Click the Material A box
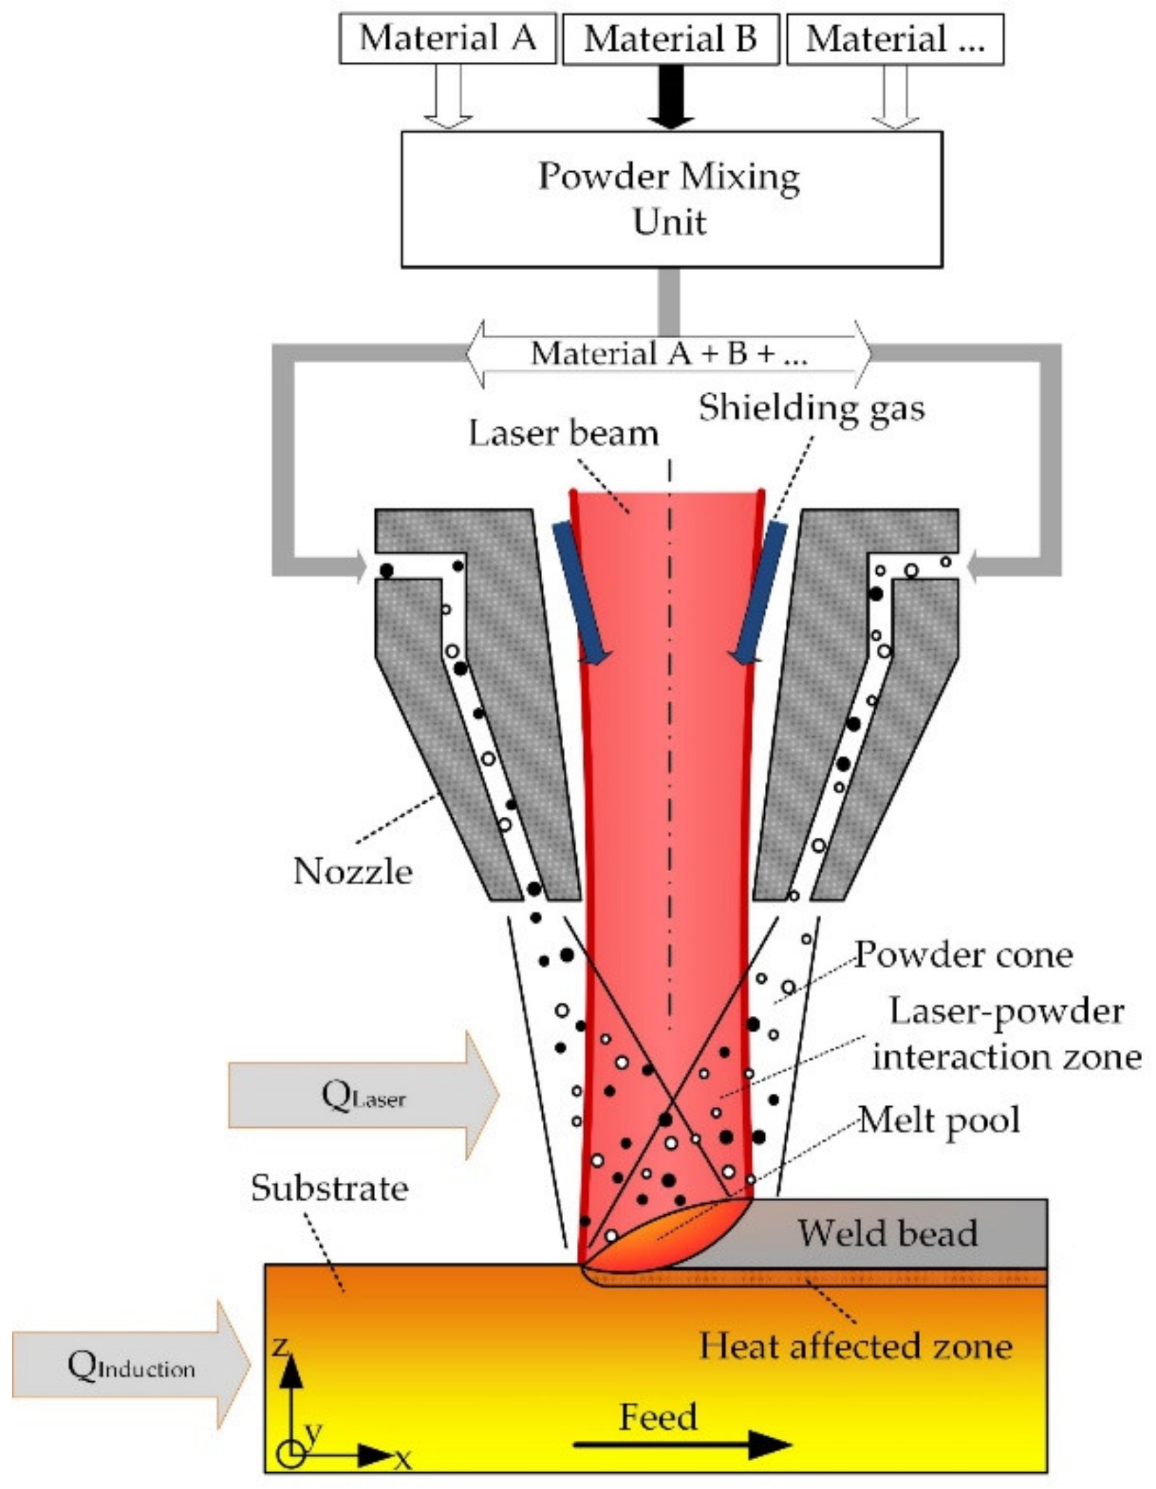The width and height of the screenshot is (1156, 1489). coord(447,38)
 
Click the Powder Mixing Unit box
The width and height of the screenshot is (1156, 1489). coord(671,199)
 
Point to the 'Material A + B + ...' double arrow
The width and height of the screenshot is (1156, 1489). coord(668,353)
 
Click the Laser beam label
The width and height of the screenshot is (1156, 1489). coord(563,433)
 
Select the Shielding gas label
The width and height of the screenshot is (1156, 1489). coord(811,408)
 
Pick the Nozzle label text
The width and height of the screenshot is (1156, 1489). coord(353,871)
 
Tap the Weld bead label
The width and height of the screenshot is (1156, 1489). coord(887,1233)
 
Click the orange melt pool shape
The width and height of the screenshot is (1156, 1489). coord(661,1239)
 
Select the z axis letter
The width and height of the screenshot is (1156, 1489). coord(280,1346)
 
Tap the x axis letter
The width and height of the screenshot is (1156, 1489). coord(403,1458)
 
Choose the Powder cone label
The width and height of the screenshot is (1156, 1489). coord(963,955)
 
